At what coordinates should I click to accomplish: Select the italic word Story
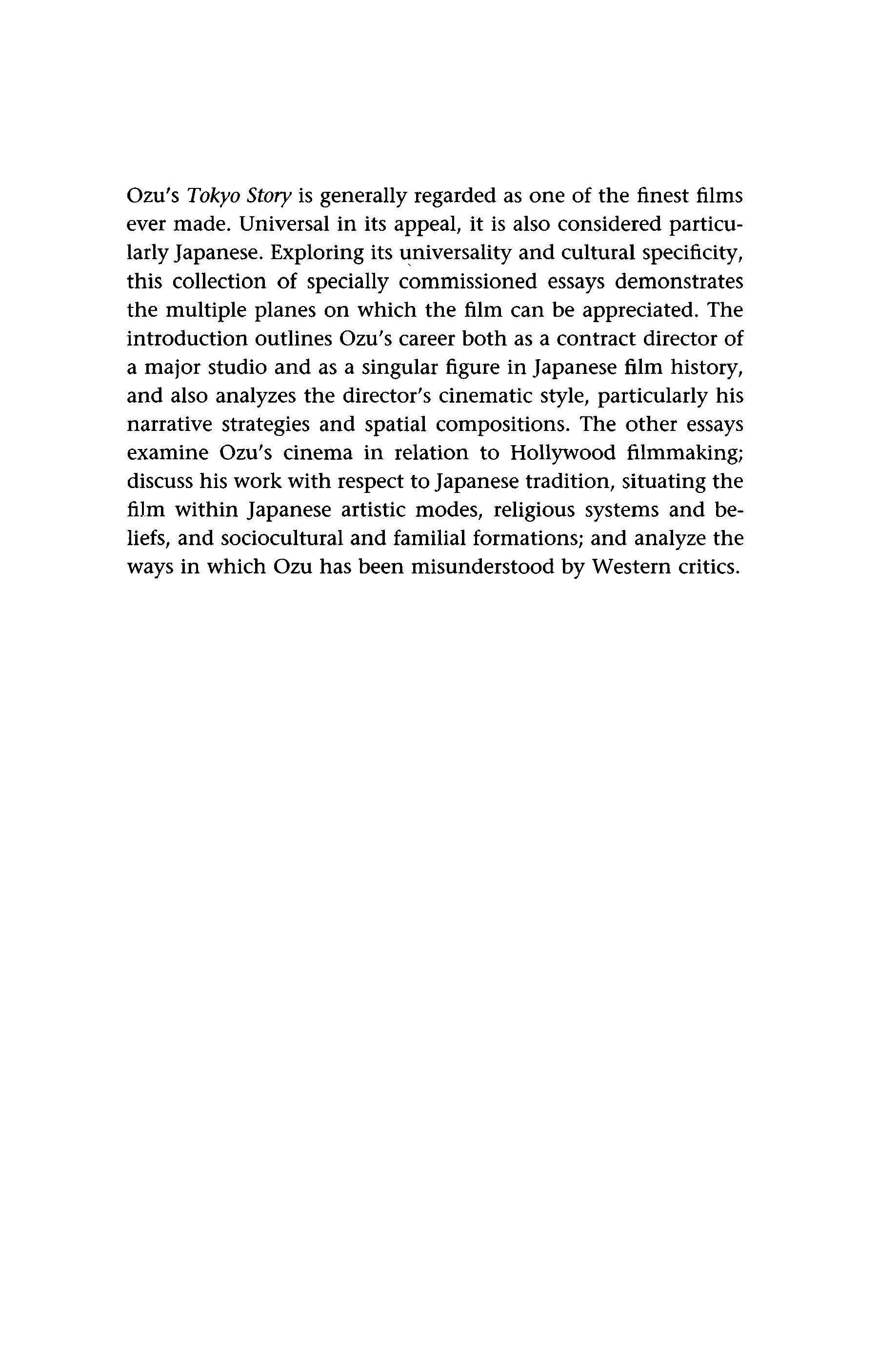pos(269,196)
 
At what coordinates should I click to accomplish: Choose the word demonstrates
pos(679,281)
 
